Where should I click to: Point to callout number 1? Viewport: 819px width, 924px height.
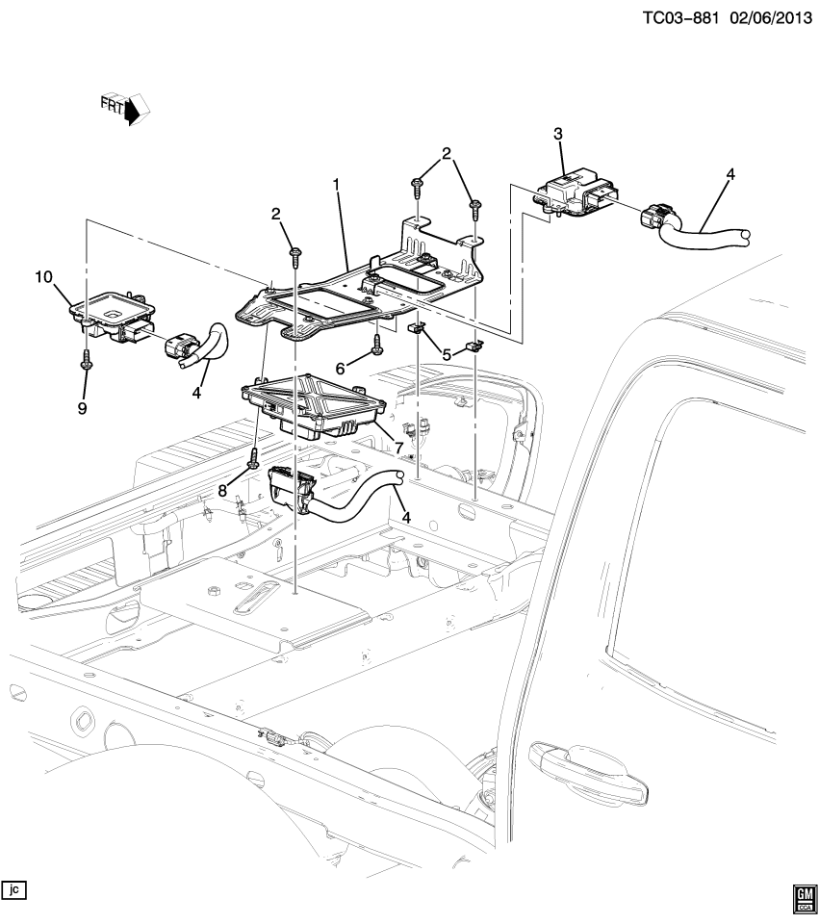point(337,183)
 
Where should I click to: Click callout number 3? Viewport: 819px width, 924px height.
point(557,134)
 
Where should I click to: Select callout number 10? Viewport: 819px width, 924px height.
point(43,277)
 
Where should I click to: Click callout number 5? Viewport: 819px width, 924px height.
point(447,353)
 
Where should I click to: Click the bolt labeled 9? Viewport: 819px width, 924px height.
point(88,360)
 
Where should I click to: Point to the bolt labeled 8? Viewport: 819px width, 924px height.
point(253,456)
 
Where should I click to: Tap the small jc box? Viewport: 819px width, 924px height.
point(13,887)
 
